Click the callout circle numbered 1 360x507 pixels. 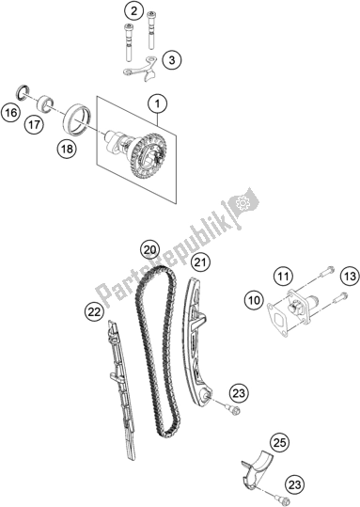pos(157,104)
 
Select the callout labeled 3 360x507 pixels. pos(172,60)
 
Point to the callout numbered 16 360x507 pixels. pos(10,113)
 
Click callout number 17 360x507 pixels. pos(35,124)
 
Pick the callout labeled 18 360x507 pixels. pos(67,150)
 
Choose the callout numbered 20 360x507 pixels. pos(150,249)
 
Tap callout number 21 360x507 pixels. pos(201,262)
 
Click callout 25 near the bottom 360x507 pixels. pos(280,443)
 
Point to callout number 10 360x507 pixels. pos(255,300)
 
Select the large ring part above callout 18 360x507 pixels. pos(78,118)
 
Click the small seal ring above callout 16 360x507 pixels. pos(23,92)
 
